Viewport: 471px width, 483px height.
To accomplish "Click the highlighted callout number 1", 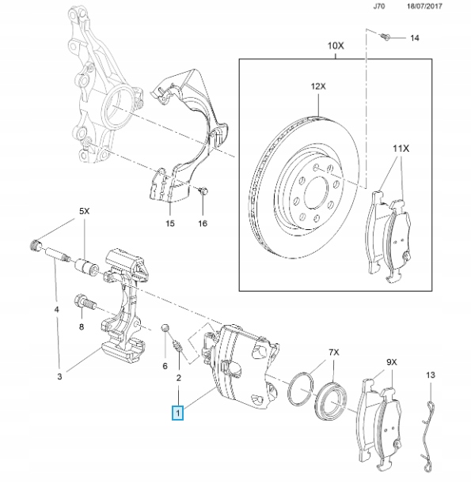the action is [x=178, y=413].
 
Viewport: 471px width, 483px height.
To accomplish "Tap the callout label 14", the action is [x=415, y=38].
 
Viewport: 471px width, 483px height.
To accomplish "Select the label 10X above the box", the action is [x=336, y=46].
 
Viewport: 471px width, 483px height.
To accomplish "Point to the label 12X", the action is [x=318, y=86].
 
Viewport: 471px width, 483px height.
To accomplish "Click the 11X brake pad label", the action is [x=401, y=149].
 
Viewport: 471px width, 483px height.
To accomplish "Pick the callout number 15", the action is [x=170, y=223].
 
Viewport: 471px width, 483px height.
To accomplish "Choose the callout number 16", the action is [x=203, y=223].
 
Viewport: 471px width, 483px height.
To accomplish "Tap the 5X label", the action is [x=84, y=211].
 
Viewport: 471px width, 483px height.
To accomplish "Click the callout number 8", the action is [x=82, y=326].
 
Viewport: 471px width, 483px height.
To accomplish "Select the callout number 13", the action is [x=431, y=375].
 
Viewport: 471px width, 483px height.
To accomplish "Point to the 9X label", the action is [x=392, y=362].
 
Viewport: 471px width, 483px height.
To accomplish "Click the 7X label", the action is [x=334, y=352].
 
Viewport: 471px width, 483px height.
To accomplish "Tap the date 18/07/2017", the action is [x=424, y=6].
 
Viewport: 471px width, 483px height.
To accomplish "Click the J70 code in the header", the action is [x=379, y=6].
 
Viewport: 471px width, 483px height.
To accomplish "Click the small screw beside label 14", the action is [x=386, y=36].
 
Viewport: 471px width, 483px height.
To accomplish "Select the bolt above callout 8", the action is [x=85, y=302].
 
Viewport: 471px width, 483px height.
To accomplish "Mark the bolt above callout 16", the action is [x=203, y=191].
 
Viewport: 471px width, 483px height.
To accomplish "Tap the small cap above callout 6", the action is [x=165, y=328].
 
